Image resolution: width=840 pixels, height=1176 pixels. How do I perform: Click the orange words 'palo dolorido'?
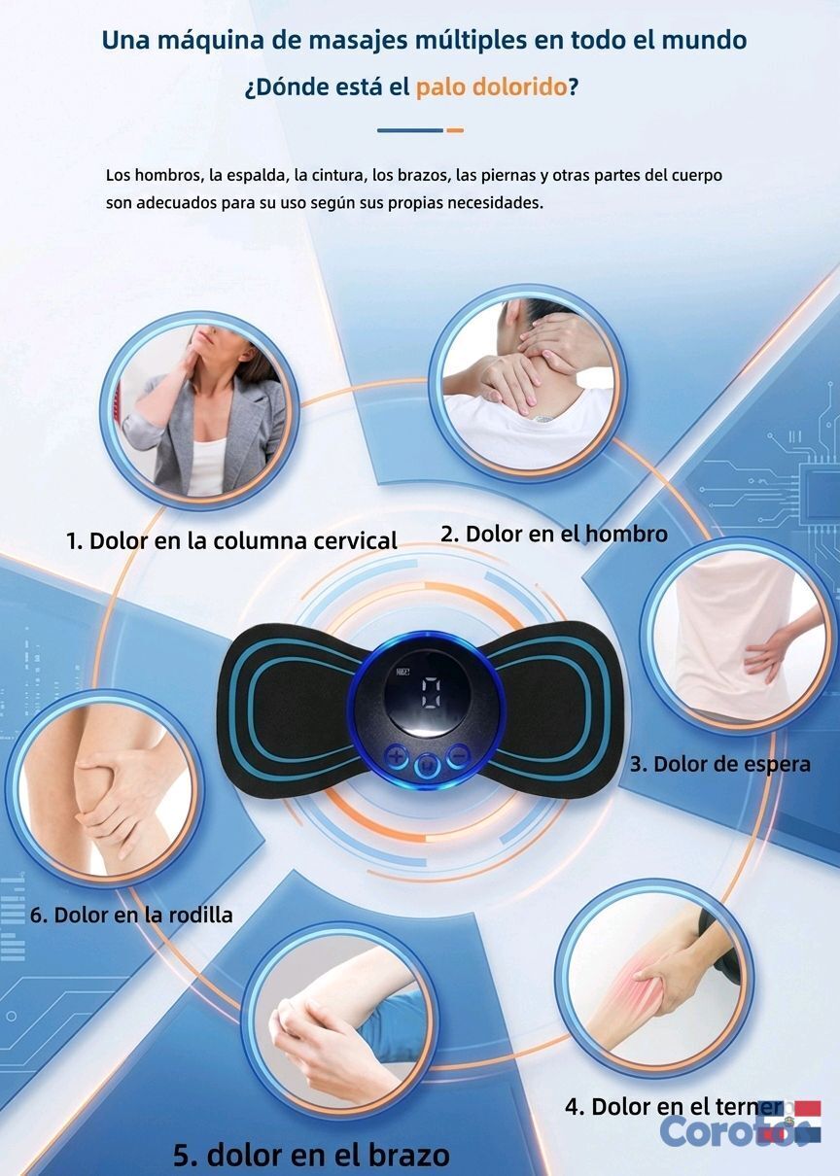491,87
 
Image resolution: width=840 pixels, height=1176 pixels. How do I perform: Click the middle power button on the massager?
428,768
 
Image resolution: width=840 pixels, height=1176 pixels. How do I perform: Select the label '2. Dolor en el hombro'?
554,534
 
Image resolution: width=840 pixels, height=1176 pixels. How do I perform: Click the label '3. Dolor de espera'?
720,764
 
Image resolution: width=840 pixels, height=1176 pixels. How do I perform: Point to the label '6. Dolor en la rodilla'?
131,916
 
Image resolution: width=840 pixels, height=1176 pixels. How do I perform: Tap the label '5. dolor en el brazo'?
311,1156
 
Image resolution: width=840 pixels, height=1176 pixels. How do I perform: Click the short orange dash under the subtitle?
455,130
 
